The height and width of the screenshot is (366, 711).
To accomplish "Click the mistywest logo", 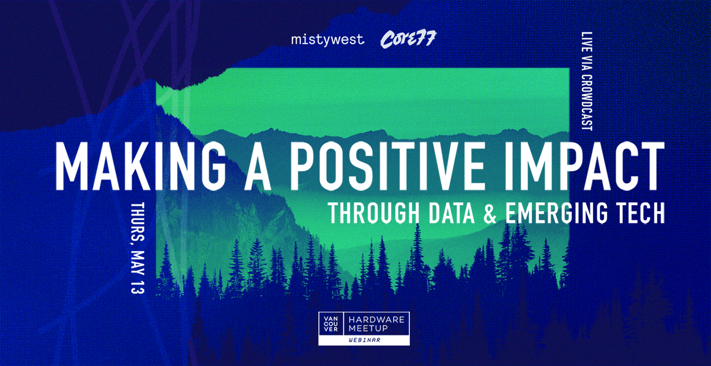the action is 328,40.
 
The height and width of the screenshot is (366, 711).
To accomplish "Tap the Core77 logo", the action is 408,39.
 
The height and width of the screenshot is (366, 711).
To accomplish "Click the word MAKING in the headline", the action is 141,166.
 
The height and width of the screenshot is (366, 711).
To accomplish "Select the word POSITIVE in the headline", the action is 387,166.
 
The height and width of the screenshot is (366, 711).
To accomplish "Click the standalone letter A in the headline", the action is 257,166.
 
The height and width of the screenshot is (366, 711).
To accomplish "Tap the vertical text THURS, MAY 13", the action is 138,248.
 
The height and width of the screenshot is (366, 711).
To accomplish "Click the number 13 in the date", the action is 138,287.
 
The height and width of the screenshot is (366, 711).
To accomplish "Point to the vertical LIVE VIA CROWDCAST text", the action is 587,81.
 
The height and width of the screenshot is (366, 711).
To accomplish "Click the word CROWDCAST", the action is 587,102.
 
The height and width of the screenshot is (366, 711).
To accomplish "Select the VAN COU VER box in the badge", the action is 331,324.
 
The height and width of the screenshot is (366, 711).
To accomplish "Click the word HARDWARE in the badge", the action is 376,319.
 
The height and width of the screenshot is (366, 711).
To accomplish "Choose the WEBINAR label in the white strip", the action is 364,340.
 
